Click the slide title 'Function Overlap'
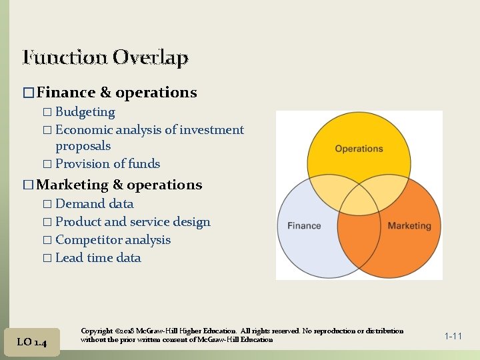tap(105, 58)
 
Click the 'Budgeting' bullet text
tap(85, 112)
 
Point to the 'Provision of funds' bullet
tap(107, 164)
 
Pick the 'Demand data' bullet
tap(94, 204)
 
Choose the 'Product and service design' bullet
tap(133, 222)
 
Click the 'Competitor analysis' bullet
tap(113, 240)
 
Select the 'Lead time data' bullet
tap(98, 258)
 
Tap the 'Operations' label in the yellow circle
tap(359, 149)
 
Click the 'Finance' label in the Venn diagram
tap(304, 226)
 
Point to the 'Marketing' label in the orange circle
tap(409, 226)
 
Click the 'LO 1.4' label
tap(31, 342)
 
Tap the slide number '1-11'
tap(453, 336)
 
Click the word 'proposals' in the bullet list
tap(83, 146)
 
